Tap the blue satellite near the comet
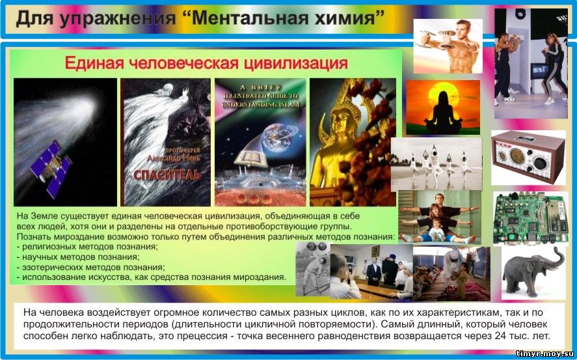(51, 168)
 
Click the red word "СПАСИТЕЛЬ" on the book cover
(167, 174)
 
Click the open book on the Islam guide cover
(251, 158)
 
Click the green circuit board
(530, 218)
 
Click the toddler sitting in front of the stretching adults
(436, 231)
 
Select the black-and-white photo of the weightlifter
(312, 269)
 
